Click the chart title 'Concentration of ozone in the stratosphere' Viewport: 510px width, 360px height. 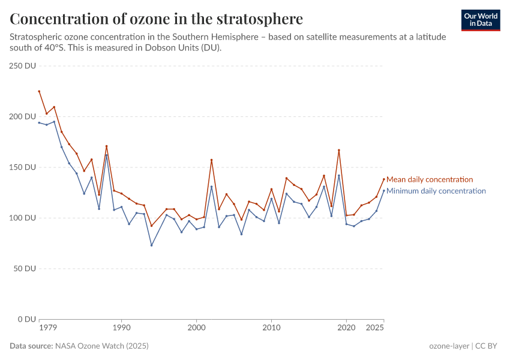tap(156, 19)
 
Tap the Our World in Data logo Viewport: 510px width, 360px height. tap(481, 20)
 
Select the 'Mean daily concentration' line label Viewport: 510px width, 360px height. tap(430, 179)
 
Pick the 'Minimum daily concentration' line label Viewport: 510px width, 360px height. tap(436, 191)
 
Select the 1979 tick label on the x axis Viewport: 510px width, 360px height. tap(47, 328)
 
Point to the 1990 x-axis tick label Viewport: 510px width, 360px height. tap(122, 328)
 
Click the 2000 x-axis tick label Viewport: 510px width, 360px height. tap(197, 328)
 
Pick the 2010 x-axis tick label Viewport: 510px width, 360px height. tap(272, 328)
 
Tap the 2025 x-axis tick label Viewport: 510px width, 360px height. tap(375, 328)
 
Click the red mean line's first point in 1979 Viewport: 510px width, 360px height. tap(39, 91)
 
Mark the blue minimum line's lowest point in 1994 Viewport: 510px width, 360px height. tap(151, 245)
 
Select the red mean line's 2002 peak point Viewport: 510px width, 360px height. tap(211, 160)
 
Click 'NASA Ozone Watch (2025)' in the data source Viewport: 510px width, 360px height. tap(102, 346)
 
